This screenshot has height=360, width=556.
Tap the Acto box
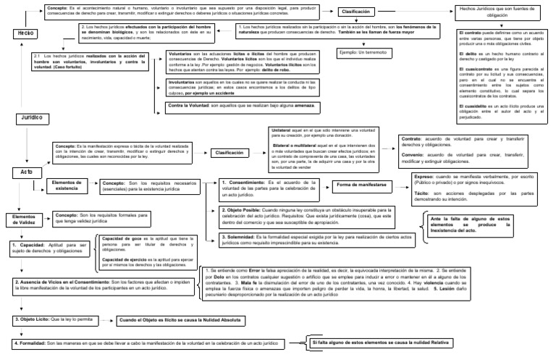tap(23, 172)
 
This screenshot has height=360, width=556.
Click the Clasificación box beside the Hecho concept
tap(358, 12)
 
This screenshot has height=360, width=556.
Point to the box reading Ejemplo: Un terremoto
tap(361, 54)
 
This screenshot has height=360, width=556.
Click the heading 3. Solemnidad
tap(244, 236)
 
